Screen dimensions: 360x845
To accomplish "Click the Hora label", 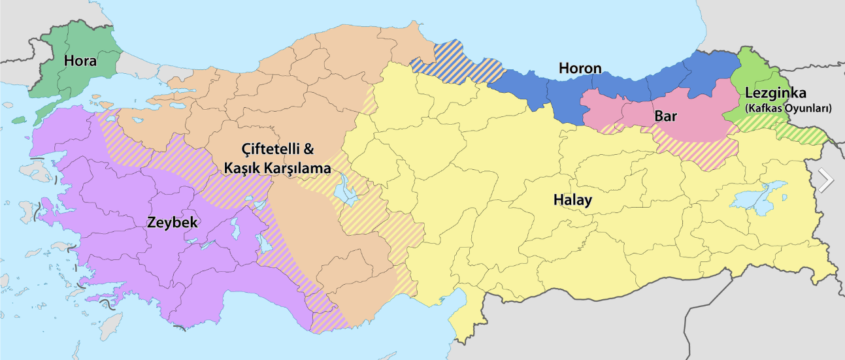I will pyautogui.click(x=80, y=61).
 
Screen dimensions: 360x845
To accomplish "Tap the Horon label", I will pyautogui.click(x=580, y=68).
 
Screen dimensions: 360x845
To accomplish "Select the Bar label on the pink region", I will pyautogui.click(x=665, y=118).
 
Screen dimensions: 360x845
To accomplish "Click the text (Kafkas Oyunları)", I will pyautogui.click(x=787, y=108).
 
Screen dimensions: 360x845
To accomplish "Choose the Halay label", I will pyautogui.click(x=572, y=200).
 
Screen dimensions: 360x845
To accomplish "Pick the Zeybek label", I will pyautogui.click(x=173, y=222).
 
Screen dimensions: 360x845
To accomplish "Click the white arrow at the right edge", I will pyautogui.click(x=826, y=180).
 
